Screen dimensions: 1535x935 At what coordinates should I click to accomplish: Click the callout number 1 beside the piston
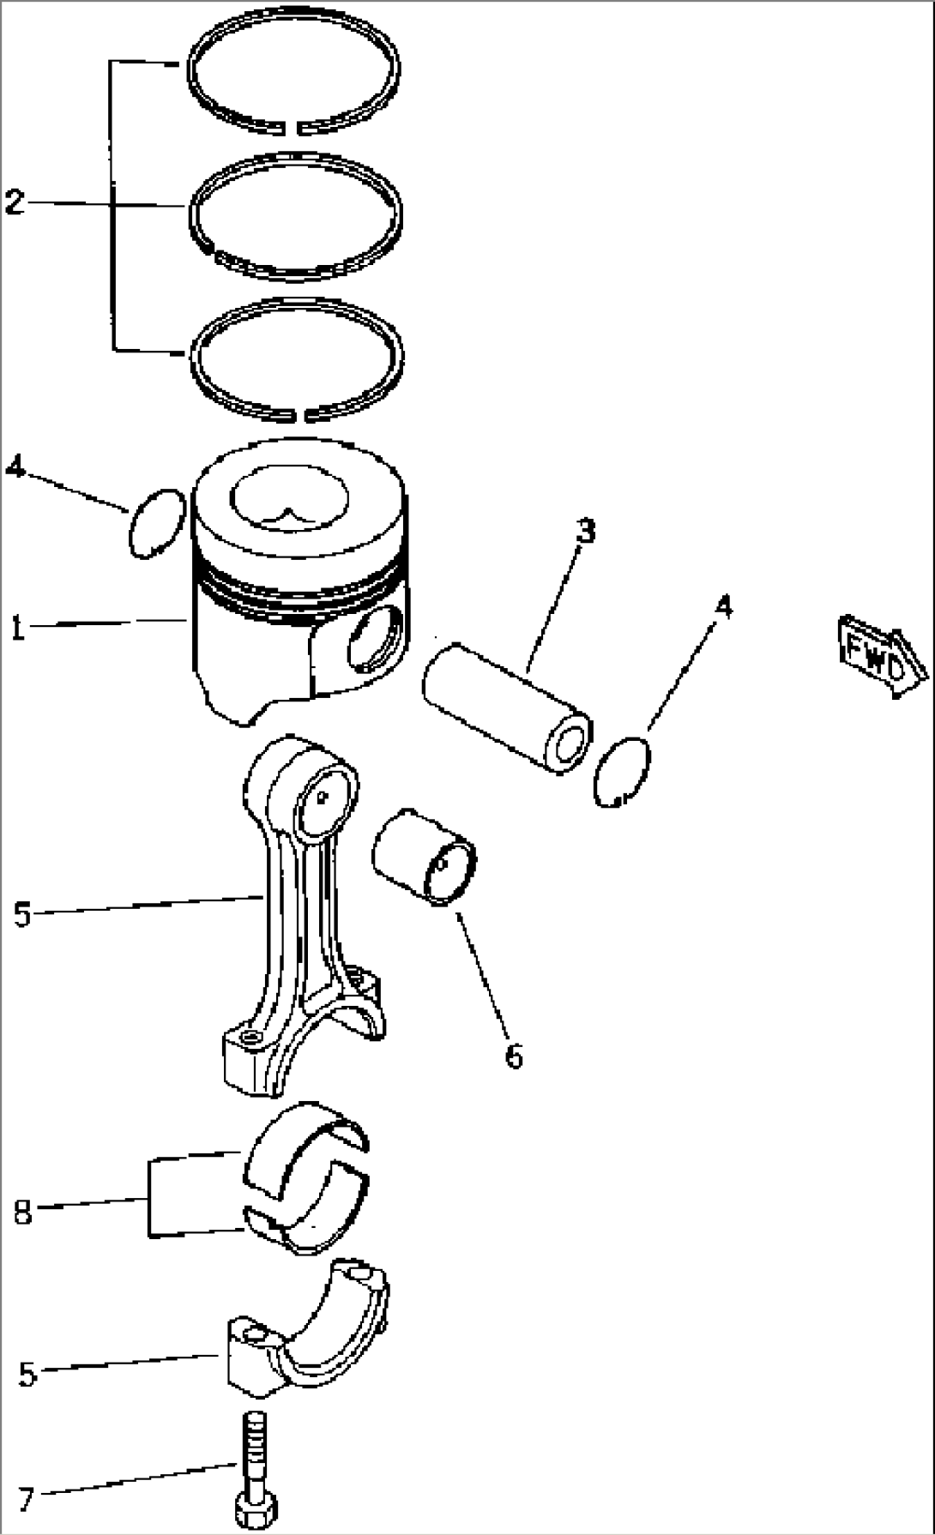coord(17,628)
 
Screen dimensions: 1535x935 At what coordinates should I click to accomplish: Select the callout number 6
coord(513,1056)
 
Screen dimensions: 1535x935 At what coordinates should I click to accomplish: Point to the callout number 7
coord(27,1500)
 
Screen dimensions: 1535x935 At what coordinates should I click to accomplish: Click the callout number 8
coord(23,1213)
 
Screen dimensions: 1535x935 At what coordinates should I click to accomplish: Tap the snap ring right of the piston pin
coord(624,771)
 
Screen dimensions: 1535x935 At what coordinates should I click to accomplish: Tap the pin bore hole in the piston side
coord(375,638)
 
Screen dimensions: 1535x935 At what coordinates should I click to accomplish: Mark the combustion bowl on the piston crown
coord(289,500)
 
